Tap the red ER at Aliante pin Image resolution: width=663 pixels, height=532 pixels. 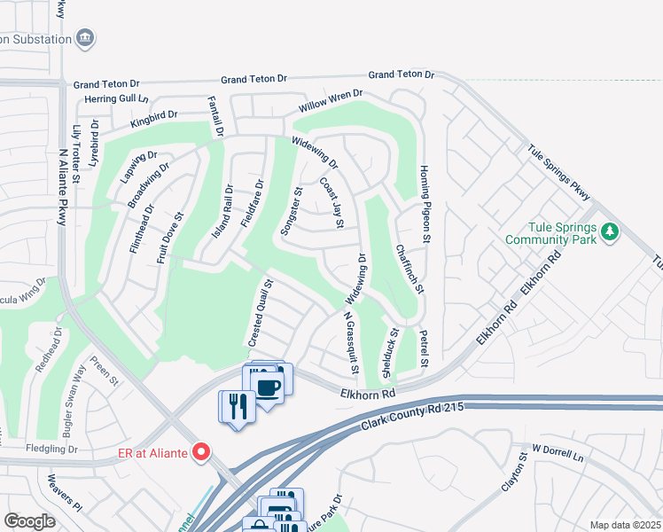201,452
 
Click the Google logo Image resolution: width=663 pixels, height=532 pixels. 29,520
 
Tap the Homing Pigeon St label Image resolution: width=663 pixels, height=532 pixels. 425,204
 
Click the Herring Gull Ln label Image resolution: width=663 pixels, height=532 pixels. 114,98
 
